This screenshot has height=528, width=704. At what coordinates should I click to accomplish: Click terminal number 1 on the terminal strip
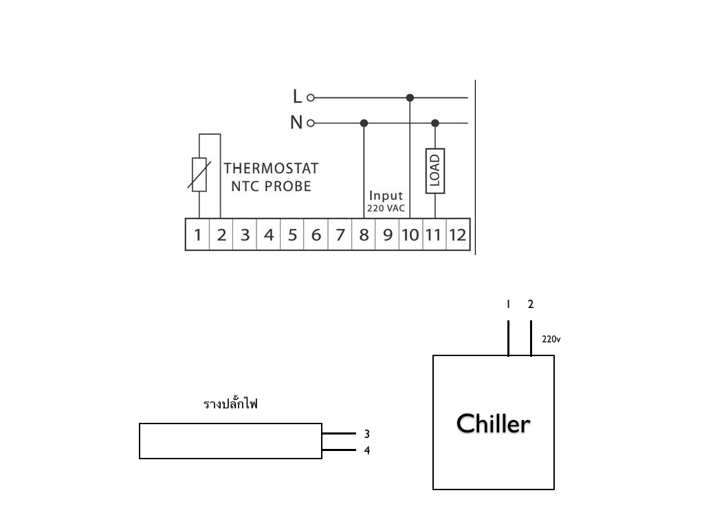[x=197, y=234]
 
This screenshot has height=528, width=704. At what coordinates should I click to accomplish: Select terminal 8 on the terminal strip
[x=364, y=234]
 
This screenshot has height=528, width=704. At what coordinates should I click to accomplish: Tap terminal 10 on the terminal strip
[x=410, y=234]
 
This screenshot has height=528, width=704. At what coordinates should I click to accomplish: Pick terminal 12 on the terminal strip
[x=457, y=234]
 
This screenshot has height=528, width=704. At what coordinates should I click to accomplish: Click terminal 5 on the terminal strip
[x=292, y=234]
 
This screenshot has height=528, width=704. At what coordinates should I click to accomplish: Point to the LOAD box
[x=435, y=171]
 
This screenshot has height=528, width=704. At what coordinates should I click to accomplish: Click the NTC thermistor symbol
[x=199, y=175]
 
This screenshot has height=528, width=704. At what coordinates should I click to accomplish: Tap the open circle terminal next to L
[x=310, y=98]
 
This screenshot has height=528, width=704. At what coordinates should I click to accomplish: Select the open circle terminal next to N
[x=310, y=123]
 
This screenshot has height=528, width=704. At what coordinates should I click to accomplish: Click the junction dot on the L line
[x=410, y=98]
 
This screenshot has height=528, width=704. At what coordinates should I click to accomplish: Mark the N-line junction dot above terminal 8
[x=364, y=123]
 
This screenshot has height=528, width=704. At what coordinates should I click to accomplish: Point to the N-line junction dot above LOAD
[x=435, y=123]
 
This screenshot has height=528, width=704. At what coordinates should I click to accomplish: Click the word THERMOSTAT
[x=271, y=168]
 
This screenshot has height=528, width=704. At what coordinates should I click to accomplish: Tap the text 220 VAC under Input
[x=386, y=208]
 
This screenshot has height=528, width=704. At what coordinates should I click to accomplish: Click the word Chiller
[x=494, y=423]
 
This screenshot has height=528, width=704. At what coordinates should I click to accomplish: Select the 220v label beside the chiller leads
[x=551, y=339]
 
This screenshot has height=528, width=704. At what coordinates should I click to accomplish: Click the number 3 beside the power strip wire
[x=367, y=434]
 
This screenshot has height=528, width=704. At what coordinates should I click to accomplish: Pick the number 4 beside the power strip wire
[x=367, y=450]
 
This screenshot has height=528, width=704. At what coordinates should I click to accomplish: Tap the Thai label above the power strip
[x=230, y=403]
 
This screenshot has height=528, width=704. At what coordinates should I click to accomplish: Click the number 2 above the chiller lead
[x=531, y=305]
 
